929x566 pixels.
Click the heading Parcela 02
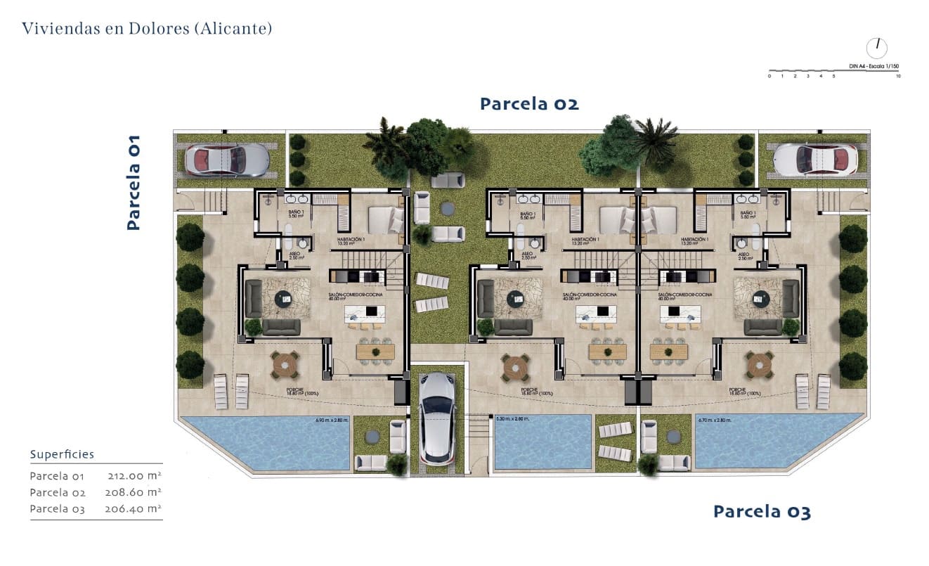pos(529,104)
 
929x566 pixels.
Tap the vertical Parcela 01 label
pos(134,183)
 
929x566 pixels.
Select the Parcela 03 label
pos(762,512)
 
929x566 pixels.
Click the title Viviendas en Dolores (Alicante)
pos(146,29)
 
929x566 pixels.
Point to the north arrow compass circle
pos(877,48)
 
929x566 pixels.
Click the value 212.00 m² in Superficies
pos(134,476)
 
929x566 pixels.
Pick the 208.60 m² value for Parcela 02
pos(134,492)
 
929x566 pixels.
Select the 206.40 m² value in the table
pos(134,508)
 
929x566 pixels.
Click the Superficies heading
pos(62,455)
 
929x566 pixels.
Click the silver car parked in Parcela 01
pos(226,160)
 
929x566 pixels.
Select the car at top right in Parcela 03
pos(815,160)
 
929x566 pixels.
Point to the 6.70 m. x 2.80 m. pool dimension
pos(713,420)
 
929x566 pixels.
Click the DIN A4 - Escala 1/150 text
pos(873,66)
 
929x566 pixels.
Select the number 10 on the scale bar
pos(898,75)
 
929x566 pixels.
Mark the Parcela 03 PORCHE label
pos(737,390)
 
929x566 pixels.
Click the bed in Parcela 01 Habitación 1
pos(385,220)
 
